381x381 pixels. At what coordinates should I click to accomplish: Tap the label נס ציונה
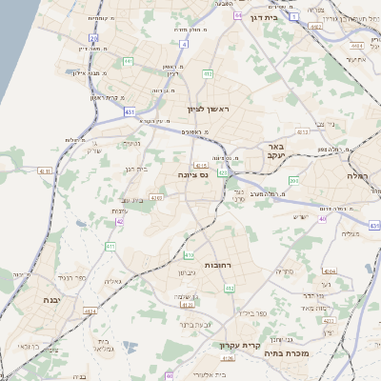click(193, 175)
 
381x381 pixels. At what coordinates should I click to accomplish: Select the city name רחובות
click(218, 264)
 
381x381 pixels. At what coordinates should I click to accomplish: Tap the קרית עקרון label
click(239, 345)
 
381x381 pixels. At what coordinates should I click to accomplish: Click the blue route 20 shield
click(93, 37)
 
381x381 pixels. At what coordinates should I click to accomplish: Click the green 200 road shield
click(294, 179)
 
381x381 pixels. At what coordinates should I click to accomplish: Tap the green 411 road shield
click(110, 247)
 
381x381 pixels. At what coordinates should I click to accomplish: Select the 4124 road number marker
click(92, 311)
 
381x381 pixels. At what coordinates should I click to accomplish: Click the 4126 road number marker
click(228, 358)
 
